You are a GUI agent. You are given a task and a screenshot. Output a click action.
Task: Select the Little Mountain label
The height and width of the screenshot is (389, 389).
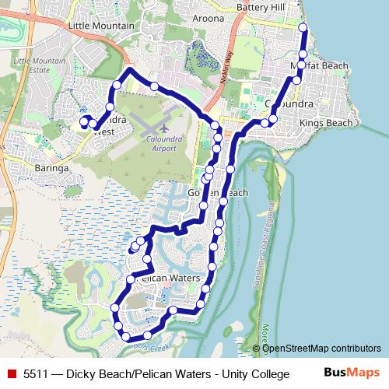101,26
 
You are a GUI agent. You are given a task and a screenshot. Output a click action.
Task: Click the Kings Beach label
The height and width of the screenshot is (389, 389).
332,123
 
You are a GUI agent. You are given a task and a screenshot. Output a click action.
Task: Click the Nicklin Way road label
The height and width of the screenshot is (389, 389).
220,73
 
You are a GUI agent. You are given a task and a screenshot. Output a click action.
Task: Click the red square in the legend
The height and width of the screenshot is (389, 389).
11,374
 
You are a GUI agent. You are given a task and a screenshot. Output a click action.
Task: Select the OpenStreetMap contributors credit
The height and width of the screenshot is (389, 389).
321,348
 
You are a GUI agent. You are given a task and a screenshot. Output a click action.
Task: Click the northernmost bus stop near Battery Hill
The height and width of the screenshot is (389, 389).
303,30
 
